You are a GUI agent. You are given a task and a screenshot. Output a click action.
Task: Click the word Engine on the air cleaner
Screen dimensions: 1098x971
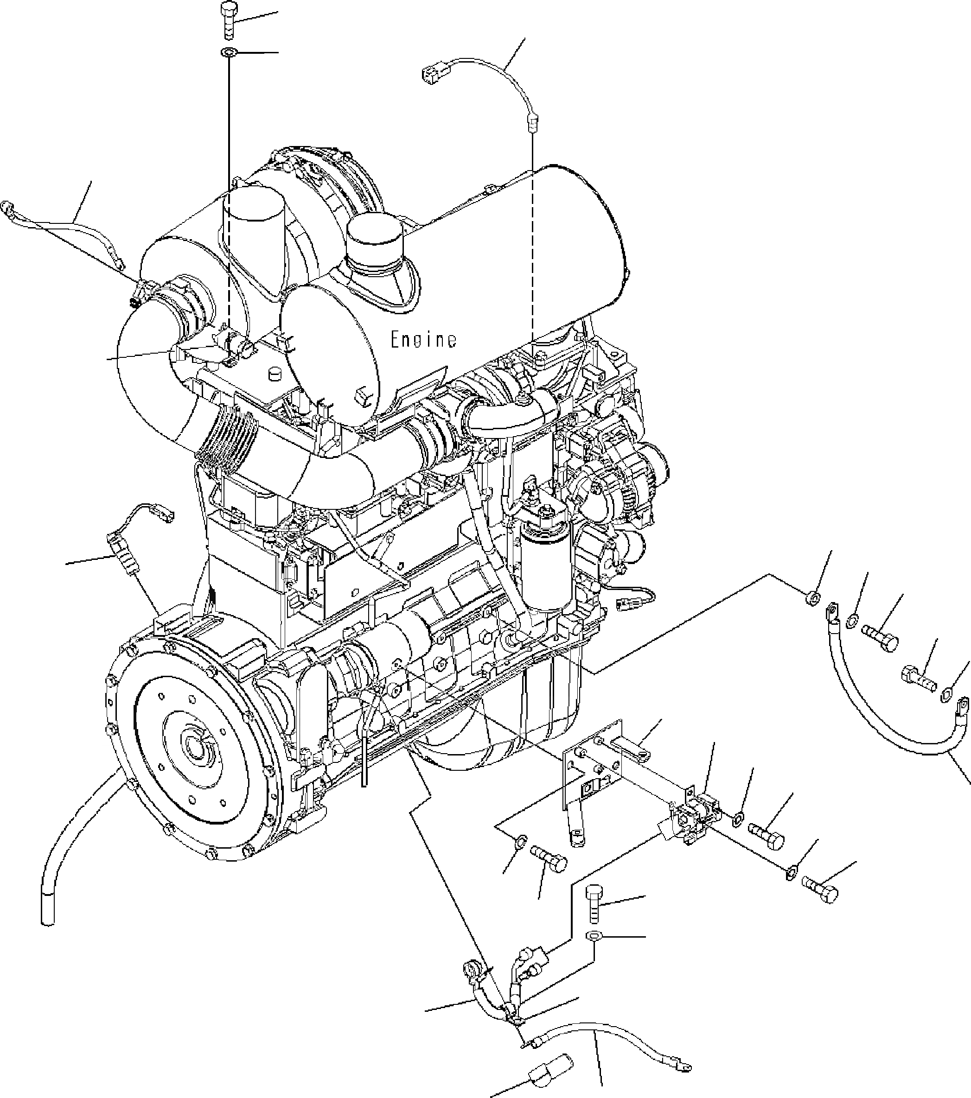(x=423, y=340)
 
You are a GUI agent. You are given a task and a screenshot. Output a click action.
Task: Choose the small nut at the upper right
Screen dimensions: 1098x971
(x=813, y=598)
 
